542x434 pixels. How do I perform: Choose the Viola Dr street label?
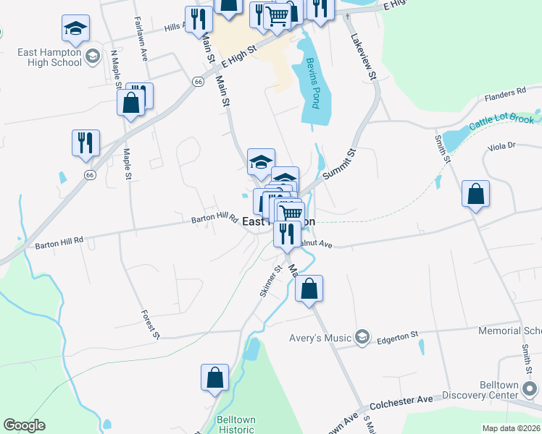click(501, 145)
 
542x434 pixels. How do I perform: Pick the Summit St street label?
click(340, 164)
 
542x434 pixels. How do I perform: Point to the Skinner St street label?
click(270, 281)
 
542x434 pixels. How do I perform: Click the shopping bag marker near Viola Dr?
click(475, 194)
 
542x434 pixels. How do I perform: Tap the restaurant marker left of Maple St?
click(86, 143)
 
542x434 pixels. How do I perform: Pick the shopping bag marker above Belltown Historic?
click(215, 378)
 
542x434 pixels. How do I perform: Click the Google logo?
click(25, 425)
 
